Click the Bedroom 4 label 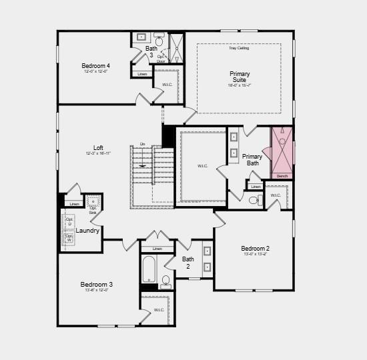(95, 65)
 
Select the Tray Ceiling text (238, 48)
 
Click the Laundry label (87, 231)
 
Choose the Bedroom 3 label (96, 283)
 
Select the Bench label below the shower (282, 176)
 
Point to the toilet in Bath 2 (166, 281)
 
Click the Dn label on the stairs (142, 143)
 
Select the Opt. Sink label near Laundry (93, 210)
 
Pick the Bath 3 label (151, 51)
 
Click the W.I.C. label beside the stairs (203, 166)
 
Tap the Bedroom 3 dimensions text (96, 291)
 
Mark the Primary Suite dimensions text (240, 86)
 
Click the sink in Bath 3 (141, 37)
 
